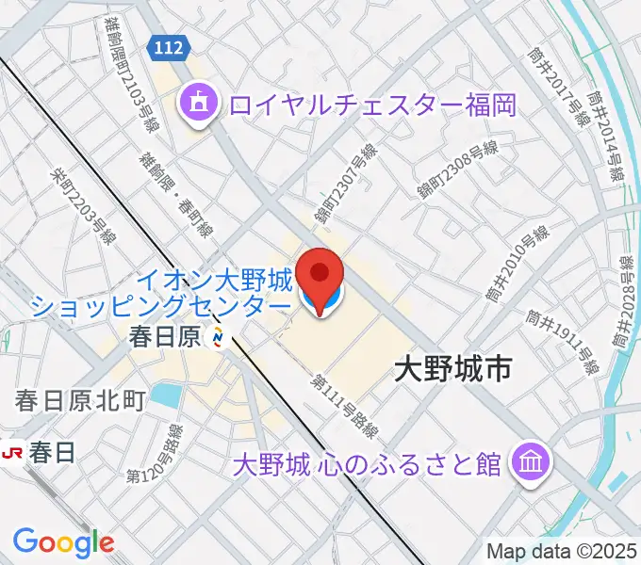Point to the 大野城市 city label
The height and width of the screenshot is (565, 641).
point(452,368)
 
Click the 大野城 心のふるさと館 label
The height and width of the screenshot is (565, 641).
point(368,464)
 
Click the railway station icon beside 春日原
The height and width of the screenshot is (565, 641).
point(219,336)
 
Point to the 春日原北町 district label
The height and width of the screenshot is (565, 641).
point(80,401)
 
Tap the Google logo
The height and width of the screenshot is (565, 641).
point(63,541)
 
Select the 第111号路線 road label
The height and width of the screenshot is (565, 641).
point(345,406)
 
